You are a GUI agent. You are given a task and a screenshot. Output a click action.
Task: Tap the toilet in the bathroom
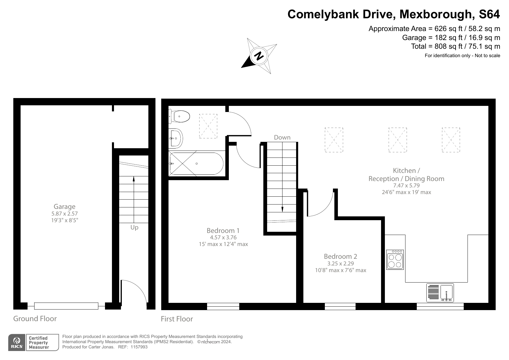(180, 117)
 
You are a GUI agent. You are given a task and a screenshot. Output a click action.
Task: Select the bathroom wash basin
(176, 138)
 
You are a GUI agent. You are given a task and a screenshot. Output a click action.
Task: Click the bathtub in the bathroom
(196, 164)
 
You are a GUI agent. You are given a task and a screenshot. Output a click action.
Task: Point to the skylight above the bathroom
(208, 126)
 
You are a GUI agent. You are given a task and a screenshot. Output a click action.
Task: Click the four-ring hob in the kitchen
(395, 260)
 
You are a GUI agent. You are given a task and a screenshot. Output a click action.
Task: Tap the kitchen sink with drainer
(440, 293)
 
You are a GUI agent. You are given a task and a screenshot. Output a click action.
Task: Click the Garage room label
(64, 207)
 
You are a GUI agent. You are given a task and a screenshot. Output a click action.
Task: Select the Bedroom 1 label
(223, 231)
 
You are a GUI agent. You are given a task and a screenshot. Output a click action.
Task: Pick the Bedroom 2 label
(340, 256)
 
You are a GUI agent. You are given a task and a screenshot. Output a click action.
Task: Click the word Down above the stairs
(282, 138)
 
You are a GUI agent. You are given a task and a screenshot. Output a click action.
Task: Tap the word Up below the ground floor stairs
(134, 227)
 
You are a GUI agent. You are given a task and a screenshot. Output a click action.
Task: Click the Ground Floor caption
(35, 319)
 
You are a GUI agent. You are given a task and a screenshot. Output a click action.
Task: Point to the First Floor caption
(177, 319)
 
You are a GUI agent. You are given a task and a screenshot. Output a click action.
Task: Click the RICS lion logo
(17, 343)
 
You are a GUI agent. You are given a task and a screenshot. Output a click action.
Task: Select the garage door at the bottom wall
(66, 306)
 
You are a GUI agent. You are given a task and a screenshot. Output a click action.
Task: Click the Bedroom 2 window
(340, 306)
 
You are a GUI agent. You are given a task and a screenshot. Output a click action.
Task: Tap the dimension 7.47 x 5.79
(406, 185)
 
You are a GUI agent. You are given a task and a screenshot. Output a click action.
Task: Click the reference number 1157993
(139, 347)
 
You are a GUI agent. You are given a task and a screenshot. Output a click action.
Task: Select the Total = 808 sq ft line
(455, 46)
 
